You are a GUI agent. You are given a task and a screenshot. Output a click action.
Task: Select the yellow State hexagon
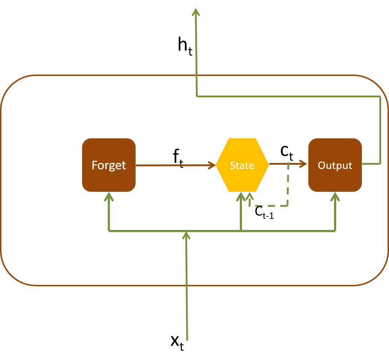[x=242, y=165]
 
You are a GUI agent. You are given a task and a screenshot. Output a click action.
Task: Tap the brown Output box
[x=335, y=165]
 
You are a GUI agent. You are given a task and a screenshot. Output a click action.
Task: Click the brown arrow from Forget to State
[x=175, y=165]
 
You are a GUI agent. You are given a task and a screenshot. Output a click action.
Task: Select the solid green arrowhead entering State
[x=241, y=196]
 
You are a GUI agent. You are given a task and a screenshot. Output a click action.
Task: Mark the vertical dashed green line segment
[x=288, y=185]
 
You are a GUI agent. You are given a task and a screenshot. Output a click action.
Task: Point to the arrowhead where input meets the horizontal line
[x=186, y=235]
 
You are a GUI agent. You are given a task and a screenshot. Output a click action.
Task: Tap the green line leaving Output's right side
[x=371, y=164]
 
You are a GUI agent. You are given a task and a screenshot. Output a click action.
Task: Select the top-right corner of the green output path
[x=380, y=96]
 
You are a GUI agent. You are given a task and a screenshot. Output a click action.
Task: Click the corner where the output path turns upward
[x=197, y=96]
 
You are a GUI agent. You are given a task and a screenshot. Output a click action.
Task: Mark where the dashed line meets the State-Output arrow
[x=288, y=164]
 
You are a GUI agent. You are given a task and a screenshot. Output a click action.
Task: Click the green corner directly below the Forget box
[x=109, y=231]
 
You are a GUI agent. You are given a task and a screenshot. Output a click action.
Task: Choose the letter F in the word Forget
[x=95, y=165]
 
